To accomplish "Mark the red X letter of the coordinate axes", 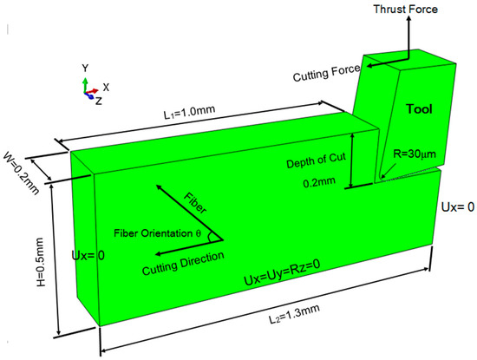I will pyautogui.click(x=105, y=87).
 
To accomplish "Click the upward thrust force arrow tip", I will pyautogui.click(x=405, y=19).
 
